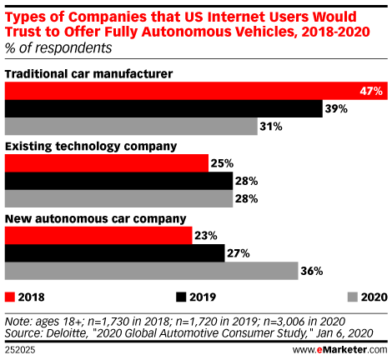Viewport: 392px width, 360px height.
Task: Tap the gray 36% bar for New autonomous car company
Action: [x=151, y=272]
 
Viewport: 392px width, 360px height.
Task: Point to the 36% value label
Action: [x=312, y=272]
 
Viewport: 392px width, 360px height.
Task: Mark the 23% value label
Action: [x=206, y=236]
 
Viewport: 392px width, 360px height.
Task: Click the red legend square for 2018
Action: [x=10, y=295]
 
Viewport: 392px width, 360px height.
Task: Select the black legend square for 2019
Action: [x=180, y=295]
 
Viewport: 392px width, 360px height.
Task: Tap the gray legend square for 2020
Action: [x=351, y=295]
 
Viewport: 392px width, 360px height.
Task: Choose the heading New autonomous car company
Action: [x=95, y=219]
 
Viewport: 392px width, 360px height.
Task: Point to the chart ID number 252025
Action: [x=21, y=348]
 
